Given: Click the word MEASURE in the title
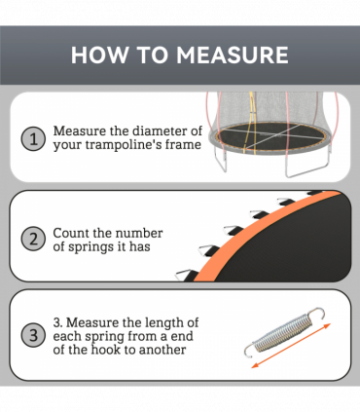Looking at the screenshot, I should [232, 55].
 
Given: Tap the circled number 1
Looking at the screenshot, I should [33, 138].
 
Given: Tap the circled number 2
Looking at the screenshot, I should [33, 239].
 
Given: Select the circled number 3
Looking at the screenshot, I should [33, 336].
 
